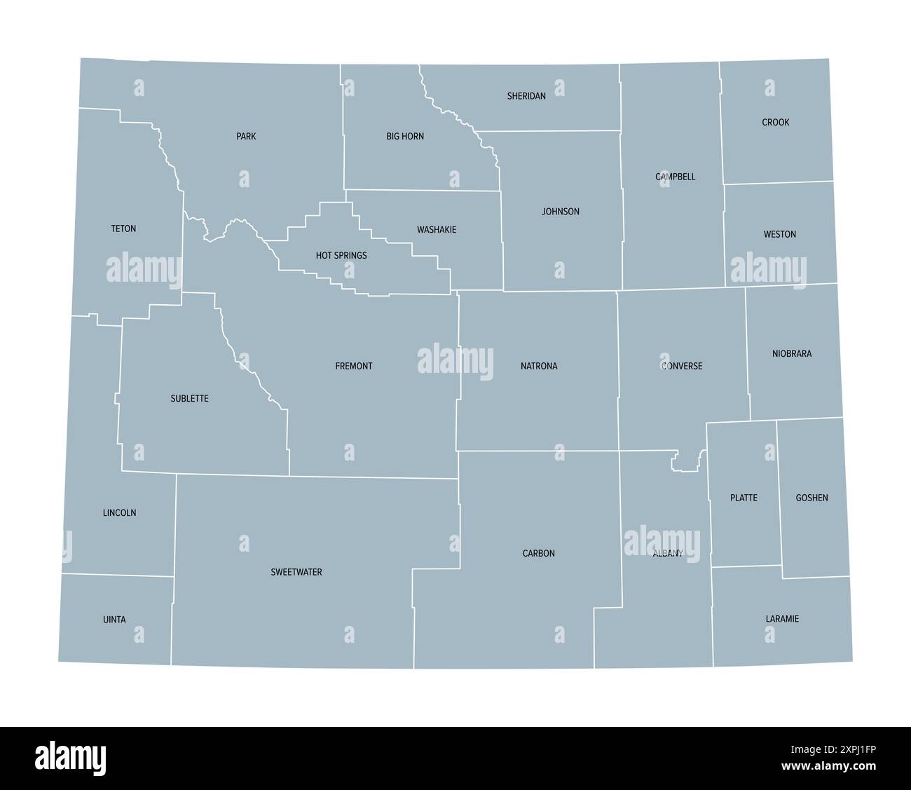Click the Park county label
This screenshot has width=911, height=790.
click(246, 136)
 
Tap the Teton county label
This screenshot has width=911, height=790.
click(123, 229)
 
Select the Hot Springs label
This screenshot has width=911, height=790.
click(341, 255)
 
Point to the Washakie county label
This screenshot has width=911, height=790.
click(437, 229)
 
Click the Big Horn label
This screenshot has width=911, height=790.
click(405, 136)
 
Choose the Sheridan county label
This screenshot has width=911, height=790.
click(526, 96)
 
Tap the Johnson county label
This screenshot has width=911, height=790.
click(561, 211)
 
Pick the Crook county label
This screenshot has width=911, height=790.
click(776, 122)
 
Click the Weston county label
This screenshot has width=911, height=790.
click(779, 234)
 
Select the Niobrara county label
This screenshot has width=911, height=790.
click(792, 353)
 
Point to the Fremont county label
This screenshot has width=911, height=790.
click(354, 366)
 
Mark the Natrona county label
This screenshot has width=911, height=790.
click(539, 366)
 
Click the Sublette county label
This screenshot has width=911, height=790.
click(189, 398)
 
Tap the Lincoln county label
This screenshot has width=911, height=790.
click(119, 512)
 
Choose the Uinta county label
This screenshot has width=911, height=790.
click(114, 619)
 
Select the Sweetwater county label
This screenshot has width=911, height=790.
click(296, 572)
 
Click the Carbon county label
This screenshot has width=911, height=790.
click(538, 553)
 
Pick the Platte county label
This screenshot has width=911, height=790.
click(744, 498)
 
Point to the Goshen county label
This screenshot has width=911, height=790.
click(811, 498)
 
